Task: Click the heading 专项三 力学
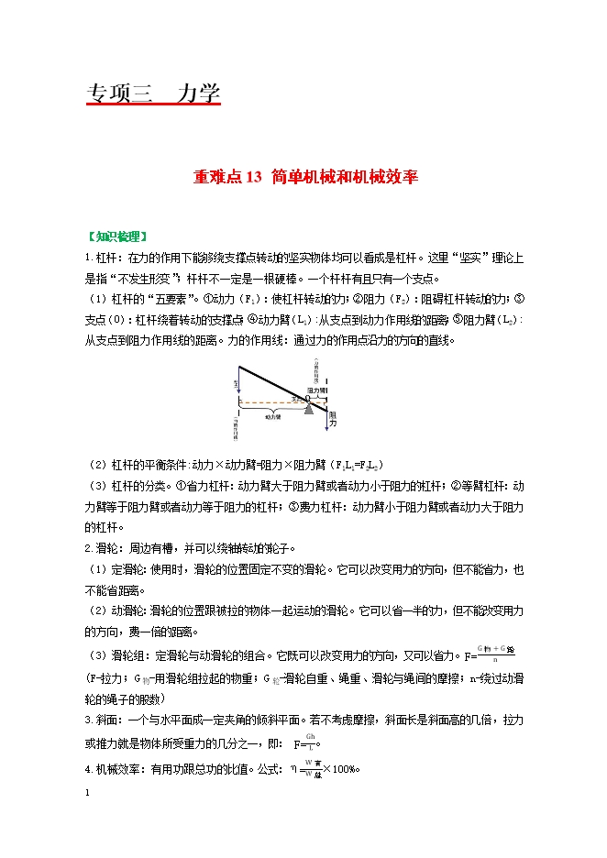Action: tap(153, 94)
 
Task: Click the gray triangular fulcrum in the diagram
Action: tap(309, 409)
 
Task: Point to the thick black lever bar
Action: tap(275, 385)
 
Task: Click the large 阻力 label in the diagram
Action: tap(333, 420)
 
